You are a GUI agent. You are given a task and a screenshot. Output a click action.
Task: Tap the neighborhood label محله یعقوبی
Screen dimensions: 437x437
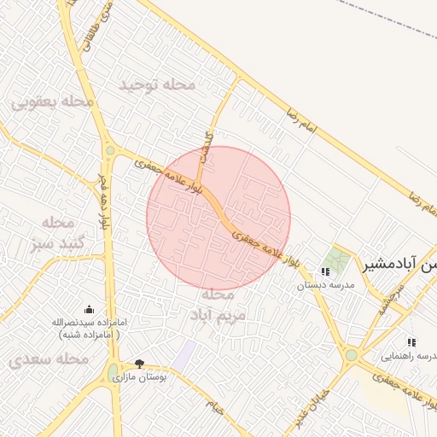click(x=52, y=102)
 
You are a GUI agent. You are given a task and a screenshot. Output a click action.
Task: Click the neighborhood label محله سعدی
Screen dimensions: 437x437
click(x=49, y=360)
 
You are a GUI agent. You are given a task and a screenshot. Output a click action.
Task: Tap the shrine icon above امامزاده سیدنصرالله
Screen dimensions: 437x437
click(x=90, y=309)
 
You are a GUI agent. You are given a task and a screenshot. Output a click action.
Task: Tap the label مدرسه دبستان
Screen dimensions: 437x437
click(x=324, y=286)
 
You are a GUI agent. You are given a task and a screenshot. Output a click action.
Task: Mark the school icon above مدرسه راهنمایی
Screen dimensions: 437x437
click(x=411, y=341)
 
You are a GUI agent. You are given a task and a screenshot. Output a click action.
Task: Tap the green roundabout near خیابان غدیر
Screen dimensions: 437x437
click(x=351, y=354)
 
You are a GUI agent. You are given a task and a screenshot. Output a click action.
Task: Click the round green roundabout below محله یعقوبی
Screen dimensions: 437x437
click(x=110, y=152)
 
